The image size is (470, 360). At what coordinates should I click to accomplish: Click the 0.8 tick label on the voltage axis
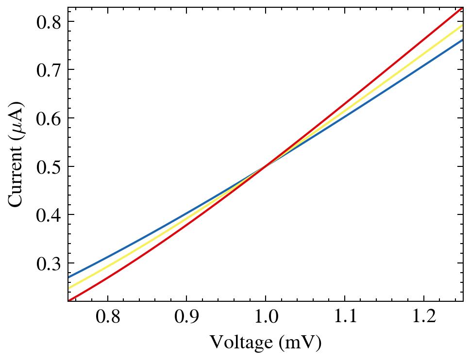point(107,317)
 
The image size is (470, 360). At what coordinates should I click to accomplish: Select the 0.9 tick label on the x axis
point(186,317)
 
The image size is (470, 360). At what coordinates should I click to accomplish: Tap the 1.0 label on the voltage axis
point(266,317)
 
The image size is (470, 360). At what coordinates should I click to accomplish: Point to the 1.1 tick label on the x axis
point(345,317)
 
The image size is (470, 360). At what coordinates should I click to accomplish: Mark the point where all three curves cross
point(266,166)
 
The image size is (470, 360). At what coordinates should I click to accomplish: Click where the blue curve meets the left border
point(68,278)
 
